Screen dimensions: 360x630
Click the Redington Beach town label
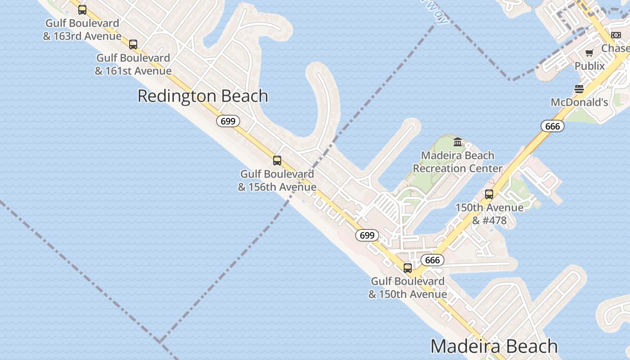(x=202, y=96)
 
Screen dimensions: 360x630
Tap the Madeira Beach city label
(x=494, y=346)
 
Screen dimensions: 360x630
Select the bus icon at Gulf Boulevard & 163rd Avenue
(x=82, y=10)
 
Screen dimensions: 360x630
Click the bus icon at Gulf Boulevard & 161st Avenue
(x=133, y=45)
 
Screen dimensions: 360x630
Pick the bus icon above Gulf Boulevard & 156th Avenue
(x=277, y=161)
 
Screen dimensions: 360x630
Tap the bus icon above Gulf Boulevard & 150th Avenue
(x=408, y=268)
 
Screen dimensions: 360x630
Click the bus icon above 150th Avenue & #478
(x=489, y=195)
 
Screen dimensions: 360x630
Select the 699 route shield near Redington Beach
(x=228, y=121)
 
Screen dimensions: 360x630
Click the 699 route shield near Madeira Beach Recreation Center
(x=367, y=235)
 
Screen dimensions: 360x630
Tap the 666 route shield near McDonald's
(x=552, y=126)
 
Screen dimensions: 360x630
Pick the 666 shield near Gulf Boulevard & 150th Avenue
(x=432, y=260)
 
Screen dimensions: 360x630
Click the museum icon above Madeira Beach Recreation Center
(x=458, y=142)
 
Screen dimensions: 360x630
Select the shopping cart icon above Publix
(x=589, y=53)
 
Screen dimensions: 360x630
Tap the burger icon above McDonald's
(x=579, y=89)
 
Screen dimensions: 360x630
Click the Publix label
(x=589, y=66)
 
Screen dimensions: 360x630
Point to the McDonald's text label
(x=579, y=102)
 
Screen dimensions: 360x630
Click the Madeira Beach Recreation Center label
(x=458, y=162)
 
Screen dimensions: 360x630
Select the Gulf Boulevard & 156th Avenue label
(x=277, y=180)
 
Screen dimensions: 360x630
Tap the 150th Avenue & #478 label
(x=490, y=214)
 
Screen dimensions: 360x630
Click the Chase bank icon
(x=616, y=35)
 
